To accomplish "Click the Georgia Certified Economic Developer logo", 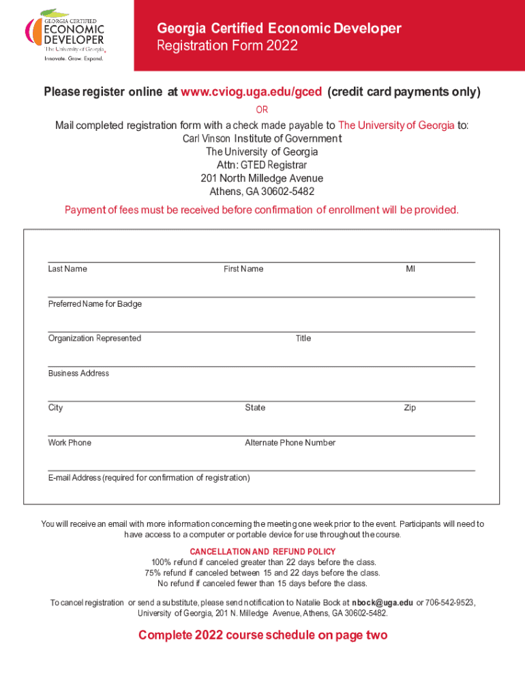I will click(65, 35).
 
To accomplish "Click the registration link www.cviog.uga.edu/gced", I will click(251, 92).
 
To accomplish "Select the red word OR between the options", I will click(262, 110).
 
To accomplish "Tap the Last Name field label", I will click(67, 269).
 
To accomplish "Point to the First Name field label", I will click(243, 269).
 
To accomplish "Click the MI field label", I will click(410, 269).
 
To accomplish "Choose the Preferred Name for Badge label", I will click(95, 304).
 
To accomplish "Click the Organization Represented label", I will click(95, 339).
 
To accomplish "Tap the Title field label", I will click(303, 339).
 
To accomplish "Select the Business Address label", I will click(78, 374).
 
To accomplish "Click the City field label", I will click(55, 408).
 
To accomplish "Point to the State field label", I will click(255, 408).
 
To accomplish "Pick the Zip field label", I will click(410, 408).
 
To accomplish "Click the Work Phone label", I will click(70, 443).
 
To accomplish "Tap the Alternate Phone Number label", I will click(290, 443).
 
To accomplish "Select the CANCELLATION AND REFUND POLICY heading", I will click(262, 551).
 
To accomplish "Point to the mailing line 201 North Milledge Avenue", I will click(262, 179).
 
